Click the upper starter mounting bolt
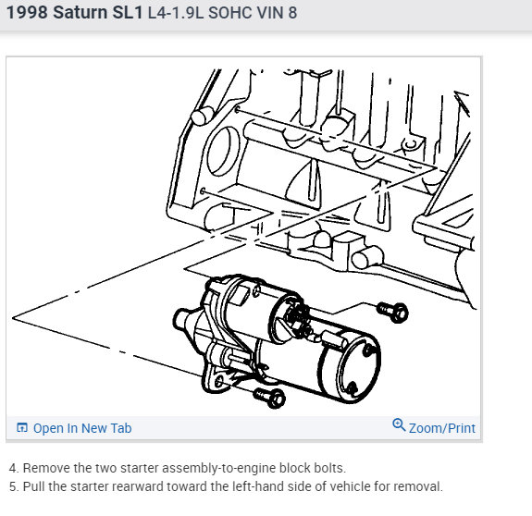(393, 312)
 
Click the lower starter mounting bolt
(270, 398)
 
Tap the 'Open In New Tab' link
(82, 428)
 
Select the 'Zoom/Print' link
(441, 428)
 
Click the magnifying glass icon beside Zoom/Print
(399, 424)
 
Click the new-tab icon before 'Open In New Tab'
(22, 428)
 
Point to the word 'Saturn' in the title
(80, 13)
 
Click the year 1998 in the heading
(27, 13)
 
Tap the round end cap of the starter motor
(358, 367)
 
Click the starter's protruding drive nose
(183, 319)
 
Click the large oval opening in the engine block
(223, 152)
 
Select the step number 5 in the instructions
(13, 486)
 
